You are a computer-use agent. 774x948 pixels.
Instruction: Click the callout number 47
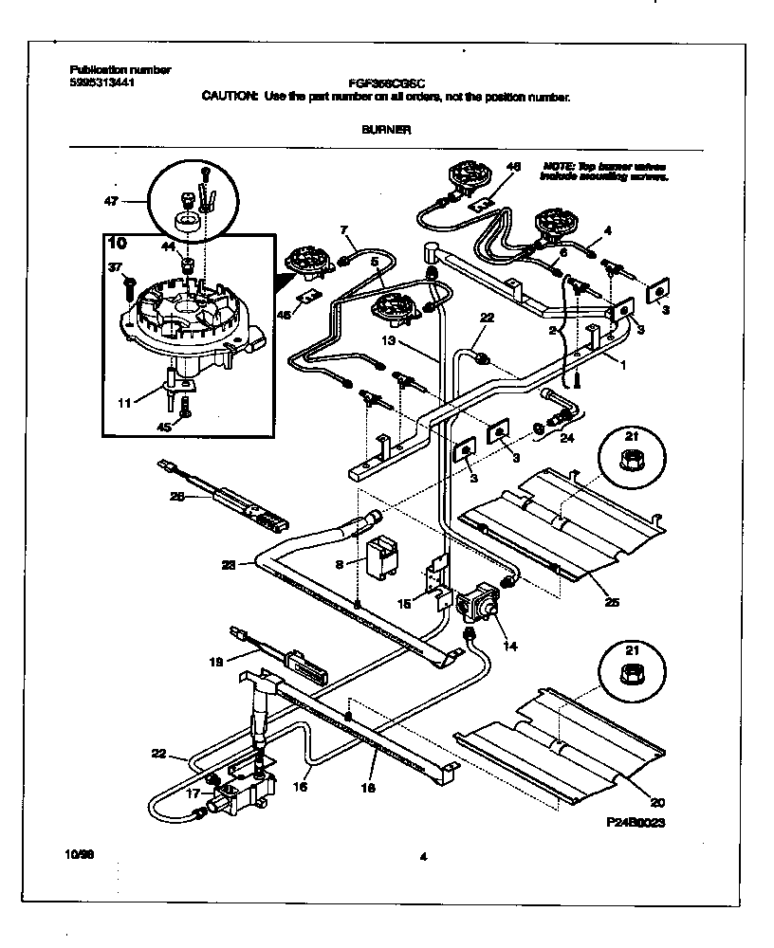(x=110, y=202)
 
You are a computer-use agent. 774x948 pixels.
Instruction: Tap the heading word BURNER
(x=386, y=130)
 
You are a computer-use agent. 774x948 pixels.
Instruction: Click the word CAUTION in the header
(x=230, y=97)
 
